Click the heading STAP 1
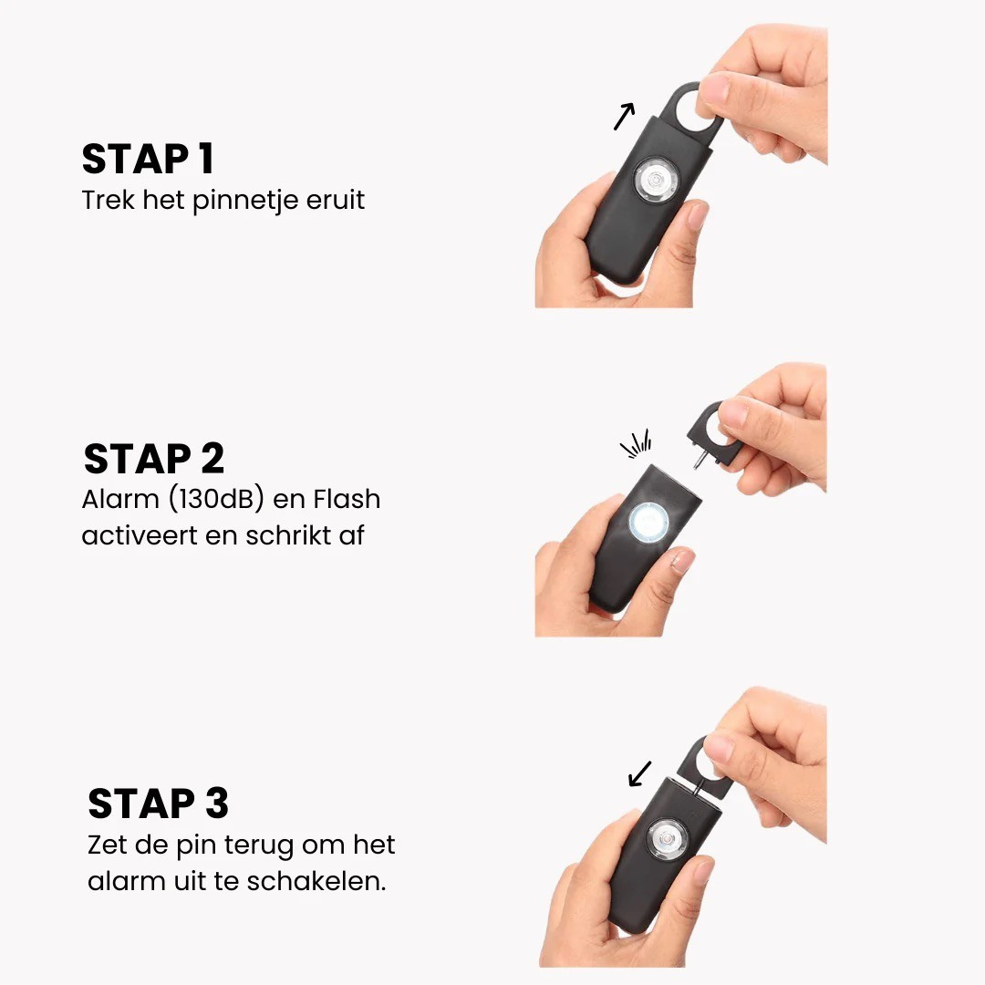(149, 159)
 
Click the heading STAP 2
(154, 459)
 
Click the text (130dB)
(216, 500)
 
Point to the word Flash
(347, 499)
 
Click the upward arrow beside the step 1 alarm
(624, 116)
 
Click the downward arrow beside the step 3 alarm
(639, 773)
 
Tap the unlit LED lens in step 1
(656, 181)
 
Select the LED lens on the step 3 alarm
(668, 839)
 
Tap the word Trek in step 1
(108, 200)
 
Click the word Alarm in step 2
(120, 499)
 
